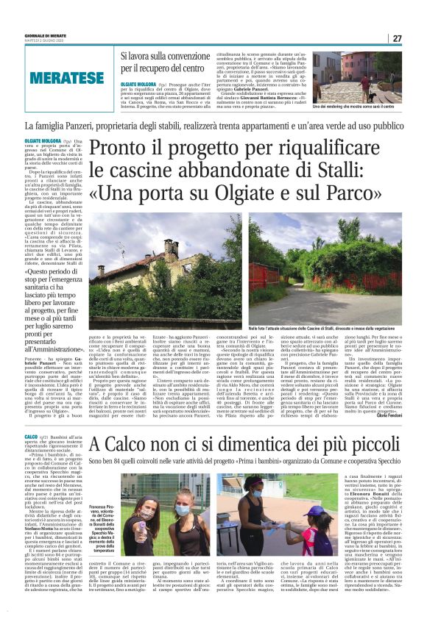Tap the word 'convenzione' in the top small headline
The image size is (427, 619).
202,56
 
